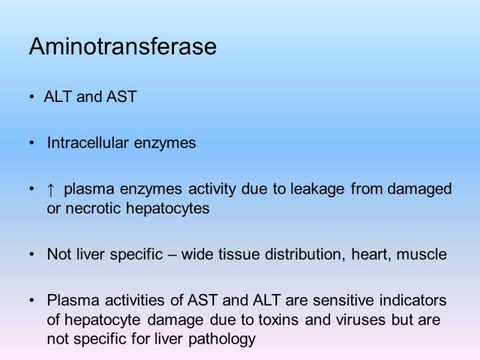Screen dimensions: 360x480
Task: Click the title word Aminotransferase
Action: (x=122, y=47)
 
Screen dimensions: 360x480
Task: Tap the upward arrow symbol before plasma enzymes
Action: (x=51, y=190)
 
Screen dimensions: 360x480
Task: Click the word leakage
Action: (x=317, y=189)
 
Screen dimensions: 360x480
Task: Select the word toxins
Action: (x=280, y=320)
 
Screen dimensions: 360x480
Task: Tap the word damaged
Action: (x=419, y=190)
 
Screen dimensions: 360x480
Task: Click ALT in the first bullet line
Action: (x=58, y=97)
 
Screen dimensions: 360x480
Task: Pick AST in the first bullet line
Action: (x=122, y=97)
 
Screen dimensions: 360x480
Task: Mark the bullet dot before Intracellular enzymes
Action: (x=32, y=144)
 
